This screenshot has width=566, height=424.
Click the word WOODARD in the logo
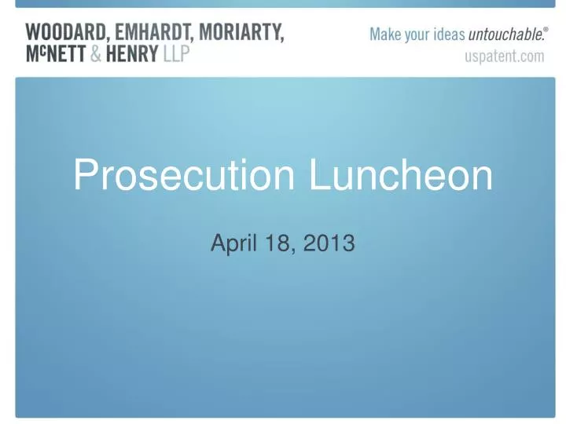(61, 33)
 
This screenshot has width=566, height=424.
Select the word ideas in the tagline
(448, 35)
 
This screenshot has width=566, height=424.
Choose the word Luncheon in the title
(401, 177)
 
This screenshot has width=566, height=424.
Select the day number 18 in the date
(270, 245)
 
